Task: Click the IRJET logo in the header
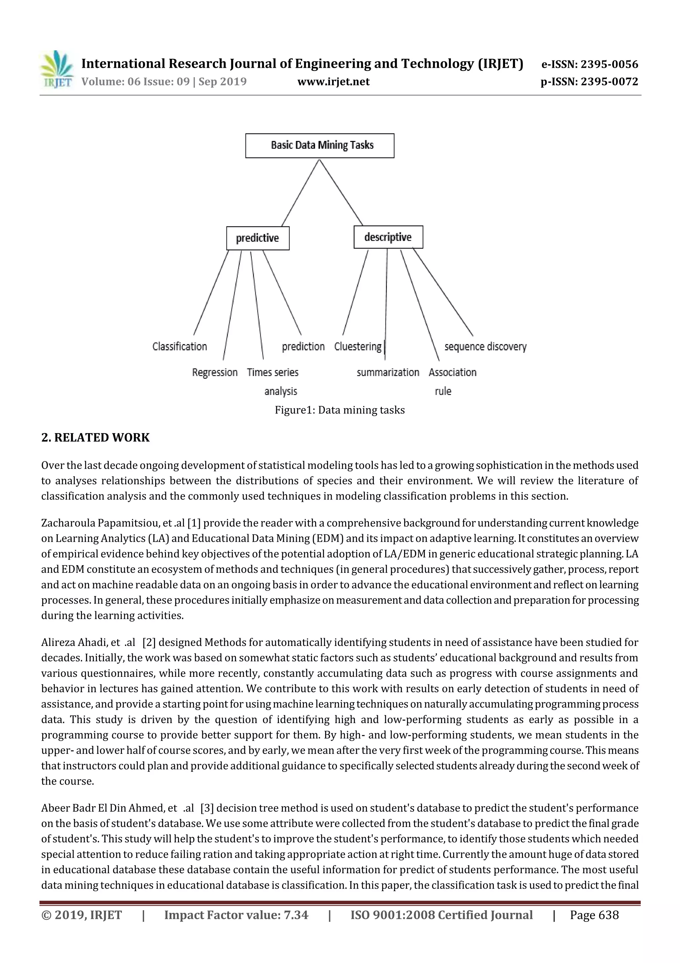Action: [x=56, y=69]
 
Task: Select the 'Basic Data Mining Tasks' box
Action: [x=320, y=146]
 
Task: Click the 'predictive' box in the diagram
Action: [x=258, y=238]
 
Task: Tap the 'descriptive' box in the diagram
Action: [x=388, y=237]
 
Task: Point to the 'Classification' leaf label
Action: [x=180, y=346]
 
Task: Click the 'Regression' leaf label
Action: [x=214, y=372]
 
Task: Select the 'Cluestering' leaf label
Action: [x=358, y=346]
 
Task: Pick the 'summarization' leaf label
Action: [x=387, y=372]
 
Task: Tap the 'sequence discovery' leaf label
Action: [x=485, y=346]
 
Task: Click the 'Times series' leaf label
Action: [x=273, y=372]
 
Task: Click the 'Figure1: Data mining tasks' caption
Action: [x=340, y=410]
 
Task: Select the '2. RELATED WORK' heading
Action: [x=96, y=437]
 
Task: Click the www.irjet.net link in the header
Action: [x=333, y=81]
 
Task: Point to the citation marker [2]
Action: [x=149, y=642]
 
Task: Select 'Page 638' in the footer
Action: [x=594, y=915]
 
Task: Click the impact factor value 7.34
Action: [x=296, y=915]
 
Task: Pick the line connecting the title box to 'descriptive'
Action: [x=341, y=192]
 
